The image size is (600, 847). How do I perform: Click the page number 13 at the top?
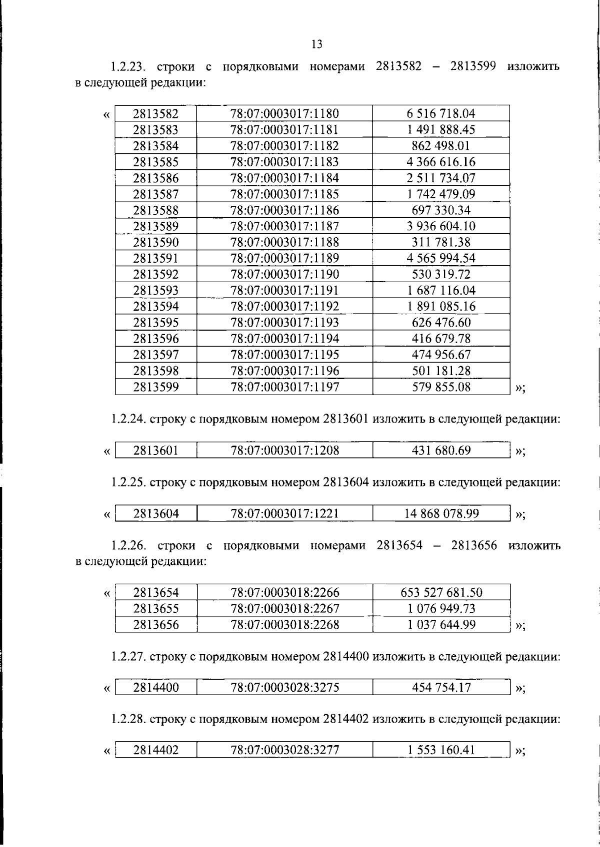(x=316, y=44)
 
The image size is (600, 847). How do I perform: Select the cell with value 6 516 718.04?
(x=441, y=113)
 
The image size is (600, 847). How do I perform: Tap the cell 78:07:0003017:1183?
(x=284, y=162)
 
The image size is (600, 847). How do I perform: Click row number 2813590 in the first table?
(x=155, y=242)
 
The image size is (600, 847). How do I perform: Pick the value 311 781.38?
(x=441, y=242)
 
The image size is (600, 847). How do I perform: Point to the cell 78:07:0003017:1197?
(x=284, y=387)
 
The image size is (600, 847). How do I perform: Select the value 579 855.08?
(x=441, y=387)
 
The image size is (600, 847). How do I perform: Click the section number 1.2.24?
(x=128, y=420)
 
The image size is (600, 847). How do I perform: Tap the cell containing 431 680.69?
(x=441, y=450)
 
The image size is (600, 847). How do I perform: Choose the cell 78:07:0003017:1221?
(x=284, y=513)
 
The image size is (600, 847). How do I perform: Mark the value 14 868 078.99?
(x=441, y=513)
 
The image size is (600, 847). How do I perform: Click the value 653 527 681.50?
(x=441, y=593)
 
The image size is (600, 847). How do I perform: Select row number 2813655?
(x=155, y=609)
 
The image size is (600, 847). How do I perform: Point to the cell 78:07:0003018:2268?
(x=284, y=624)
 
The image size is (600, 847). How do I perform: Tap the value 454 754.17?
(x=441, y=688)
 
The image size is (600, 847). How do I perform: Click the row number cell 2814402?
(x=155, y=750)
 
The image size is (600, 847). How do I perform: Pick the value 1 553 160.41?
(x=441, y=750)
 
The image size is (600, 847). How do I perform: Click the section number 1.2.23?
(x=128, y=67)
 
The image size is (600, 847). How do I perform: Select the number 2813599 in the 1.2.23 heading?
(x=473, y=66)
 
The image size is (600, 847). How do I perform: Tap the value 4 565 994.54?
(x=441, y=258)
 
